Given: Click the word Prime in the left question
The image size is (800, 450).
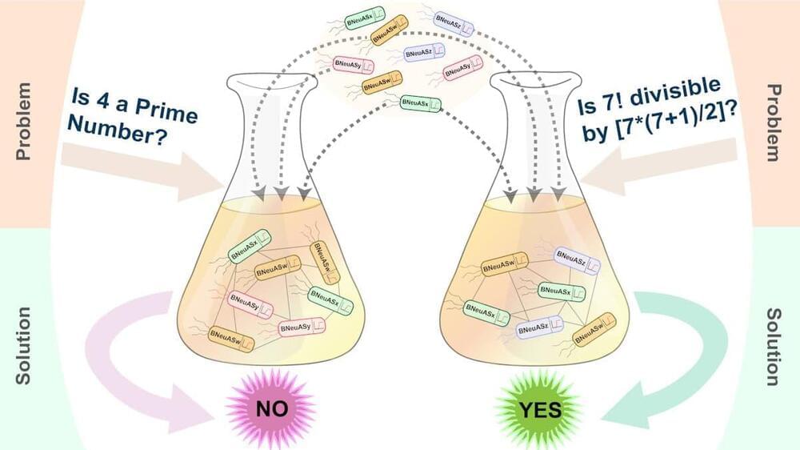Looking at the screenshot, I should click(x=170, y=113).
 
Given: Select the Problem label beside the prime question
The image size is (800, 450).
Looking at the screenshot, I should click(x=23, y=120).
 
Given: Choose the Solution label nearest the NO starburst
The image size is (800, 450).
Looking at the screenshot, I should click(x=23, y=345).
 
